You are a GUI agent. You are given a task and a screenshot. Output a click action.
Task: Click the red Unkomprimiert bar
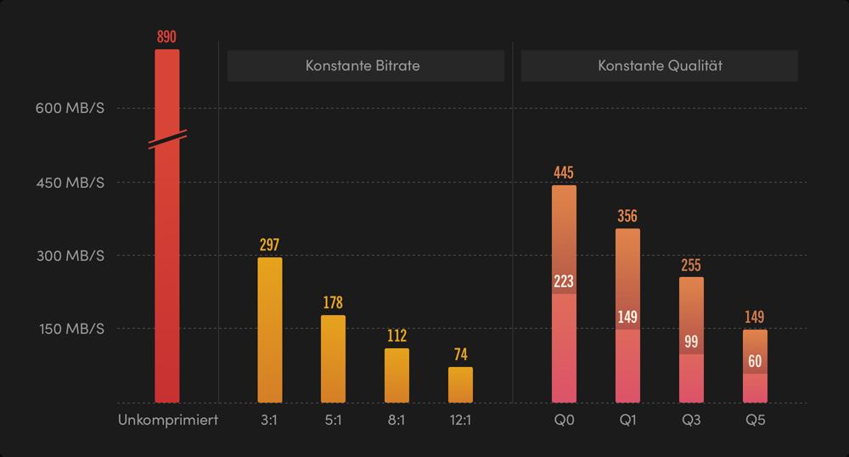[x=167, y=272]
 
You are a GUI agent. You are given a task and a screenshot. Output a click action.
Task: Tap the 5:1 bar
[x=333, y=358]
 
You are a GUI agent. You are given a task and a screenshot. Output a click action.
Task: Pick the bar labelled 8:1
[x=396, y=375]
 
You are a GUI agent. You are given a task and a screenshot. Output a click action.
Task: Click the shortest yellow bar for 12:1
[x=460, y=384]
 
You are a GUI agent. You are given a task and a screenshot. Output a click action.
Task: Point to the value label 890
[x=167, y=37]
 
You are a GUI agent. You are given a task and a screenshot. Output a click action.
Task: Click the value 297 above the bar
[x=269, y=245]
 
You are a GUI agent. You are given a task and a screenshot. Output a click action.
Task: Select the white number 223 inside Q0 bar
[x=564, y=282]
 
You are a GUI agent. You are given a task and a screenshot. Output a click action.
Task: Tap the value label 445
[x=564, y=172]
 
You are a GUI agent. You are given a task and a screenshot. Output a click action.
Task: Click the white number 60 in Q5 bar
[x=755, y=361]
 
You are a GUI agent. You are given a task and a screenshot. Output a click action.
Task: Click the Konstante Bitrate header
[x=365, y=65]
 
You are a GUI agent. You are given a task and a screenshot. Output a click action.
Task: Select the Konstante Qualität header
[x=659, y=65]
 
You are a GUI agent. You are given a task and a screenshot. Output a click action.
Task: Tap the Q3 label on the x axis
[x=691, y=420]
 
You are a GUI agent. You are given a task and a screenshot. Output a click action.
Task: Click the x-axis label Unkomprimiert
[x=168, y=420]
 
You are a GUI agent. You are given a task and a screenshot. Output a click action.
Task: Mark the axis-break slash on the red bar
[x=167, y=139]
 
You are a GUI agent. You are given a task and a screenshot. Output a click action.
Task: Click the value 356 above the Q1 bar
[x=627, y=216]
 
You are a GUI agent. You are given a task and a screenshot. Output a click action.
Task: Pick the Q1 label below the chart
[x=627, y=420]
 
